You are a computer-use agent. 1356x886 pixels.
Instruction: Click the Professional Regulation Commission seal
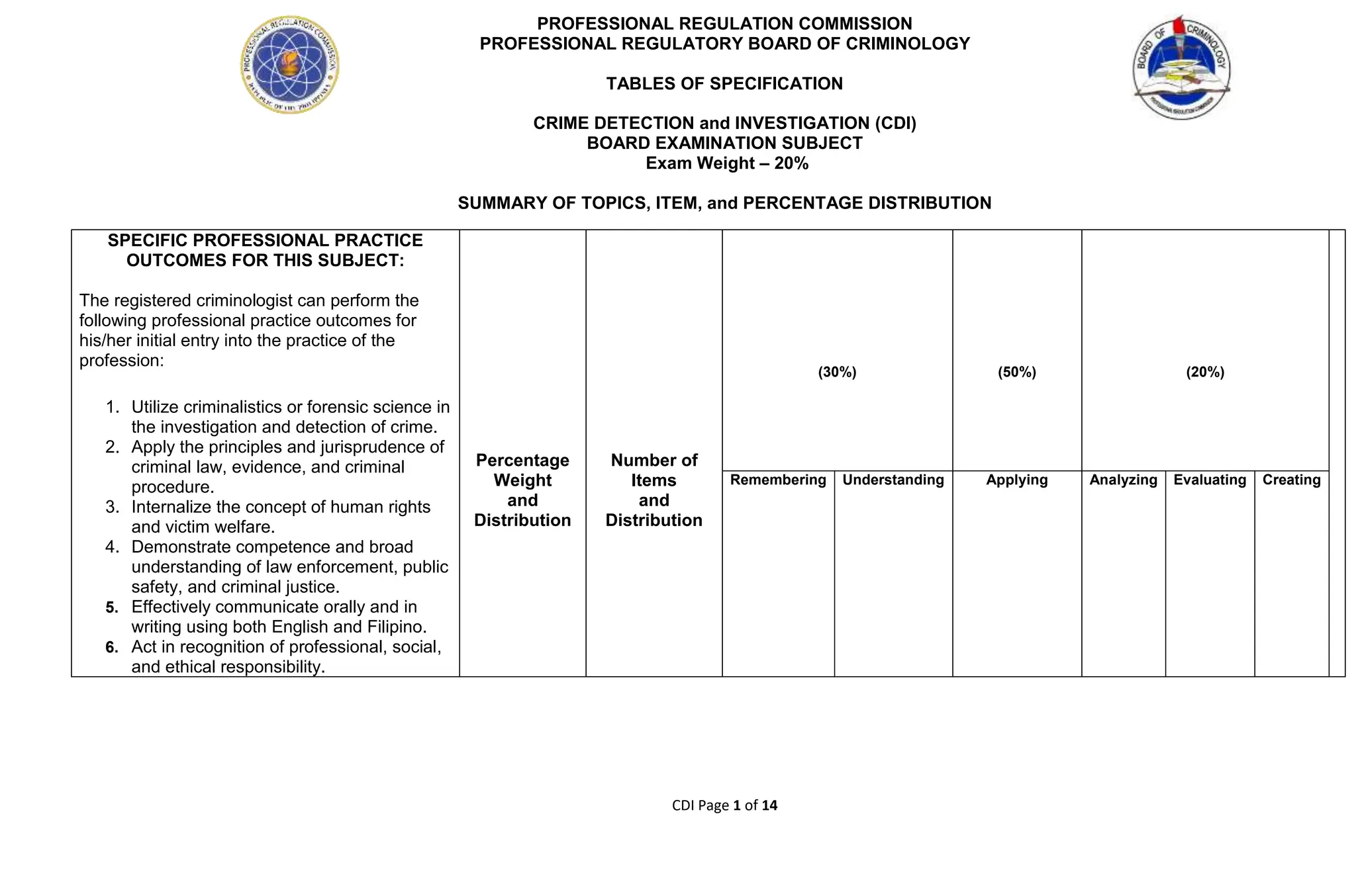click(290, 65)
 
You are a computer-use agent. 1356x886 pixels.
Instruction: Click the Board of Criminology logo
click(1182, 67)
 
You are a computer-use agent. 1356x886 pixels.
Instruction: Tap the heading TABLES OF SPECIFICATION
click(724, 84)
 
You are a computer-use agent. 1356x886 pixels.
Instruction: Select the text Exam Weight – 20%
click(727, 163)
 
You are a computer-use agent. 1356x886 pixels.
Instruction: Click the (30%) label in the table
click(837, 373)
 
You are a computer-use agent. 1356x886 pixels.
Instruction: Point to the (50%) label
click(1016, 373)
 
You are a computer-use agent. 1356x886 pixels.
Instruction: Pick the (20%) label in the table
click(1205, 373)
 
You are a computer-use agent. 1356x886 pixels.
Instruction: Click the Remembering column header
click(778, 480)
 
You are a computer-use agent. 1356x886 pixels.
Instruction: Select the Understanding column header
click(893, 480)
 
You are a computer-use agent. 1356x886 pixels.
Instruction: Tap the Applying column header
click(1016, 480)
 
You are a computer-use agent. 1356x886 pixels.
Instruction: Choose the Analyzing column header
click(1123, 480)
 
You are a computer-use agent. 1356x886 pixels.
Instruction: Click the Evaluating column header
click(1210, 480)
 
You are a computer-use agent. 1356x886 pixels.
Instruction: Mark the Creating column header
click(1291, 480)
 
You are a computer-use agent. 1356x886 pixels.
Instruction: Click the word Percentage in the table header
click(522, 461)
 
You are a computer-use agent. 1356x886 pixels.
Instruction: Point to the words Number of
click(654, 461)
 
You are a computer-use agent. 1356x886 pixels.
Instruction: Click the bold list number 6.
click(112, 647)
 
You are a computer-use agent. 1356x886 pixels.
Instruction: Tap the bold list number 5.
click(112, 607)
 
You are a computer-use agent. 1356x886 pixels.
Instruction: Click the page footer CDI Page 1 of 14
click(724, 805)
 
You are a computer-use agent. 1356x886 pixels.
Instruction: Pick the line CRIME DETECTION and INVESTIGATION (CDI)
click(724, 124)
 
